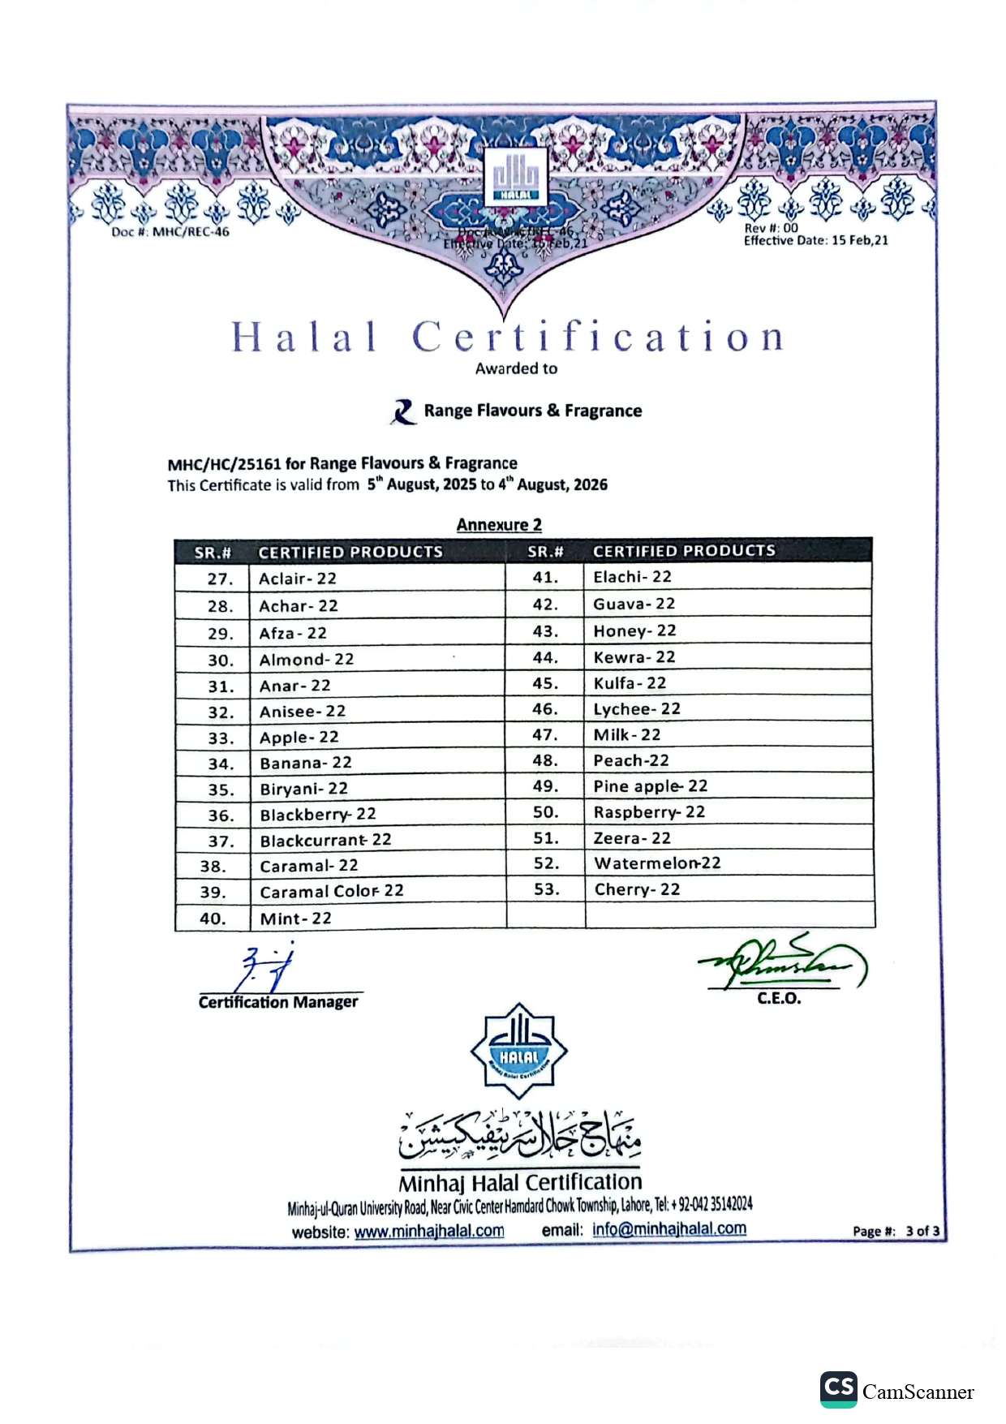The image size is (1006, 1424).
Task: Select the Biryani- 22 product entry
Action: click(303, 789)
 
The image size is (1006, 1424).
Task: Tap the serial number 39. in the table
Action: click(213, 892)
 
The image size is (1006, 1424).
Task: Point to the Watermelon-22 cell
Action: click(657, 863)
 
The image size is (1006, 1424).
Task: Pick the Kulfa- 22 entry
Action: click(630, 683)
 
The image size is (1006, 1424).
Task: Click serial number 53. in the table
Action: click(546, 889)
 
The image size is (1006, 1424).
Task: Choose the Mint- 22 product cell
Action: click(295, 919)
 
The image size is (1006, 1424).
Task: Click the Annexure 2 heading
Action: click(499, 525)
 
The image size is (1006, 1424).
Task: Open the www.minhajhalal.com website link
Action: click(429, 1231)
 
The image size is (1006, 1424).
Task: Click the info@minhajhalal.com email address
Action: click(669, 1228)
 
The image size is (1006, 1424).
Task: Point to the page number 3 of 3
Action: click(922, 1231)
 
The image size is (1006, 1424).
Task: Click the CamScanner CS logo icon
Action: click(838, 1388)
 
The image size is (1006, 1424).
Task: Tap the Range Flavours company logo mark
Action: click(403, 411)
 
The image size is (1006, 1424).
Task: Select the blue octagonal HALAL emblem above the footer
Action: click(518, 1052)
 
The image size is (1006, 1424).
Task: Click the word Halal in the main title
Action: click(304, 337)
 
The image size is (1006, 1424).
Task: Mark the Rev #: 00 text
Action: click(771, 228)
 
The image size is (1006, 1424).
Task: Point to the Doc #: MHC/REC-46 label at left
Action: click(170, 232)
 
